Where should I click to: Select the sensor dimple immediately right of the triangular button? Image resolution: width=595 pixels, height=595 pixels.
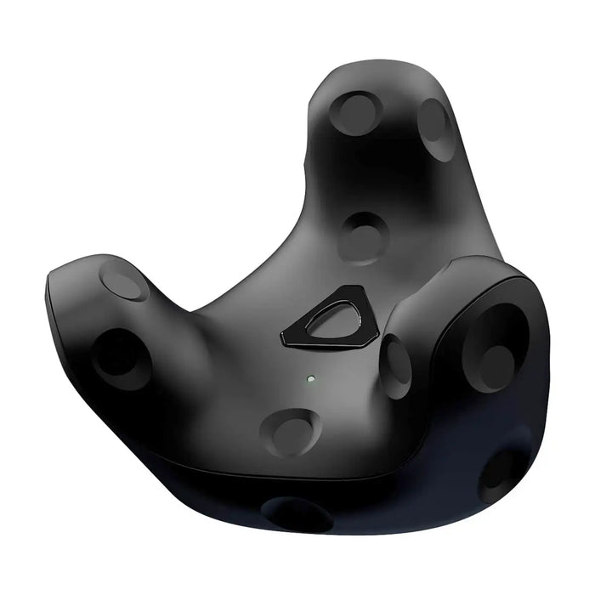click(396, 364)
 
